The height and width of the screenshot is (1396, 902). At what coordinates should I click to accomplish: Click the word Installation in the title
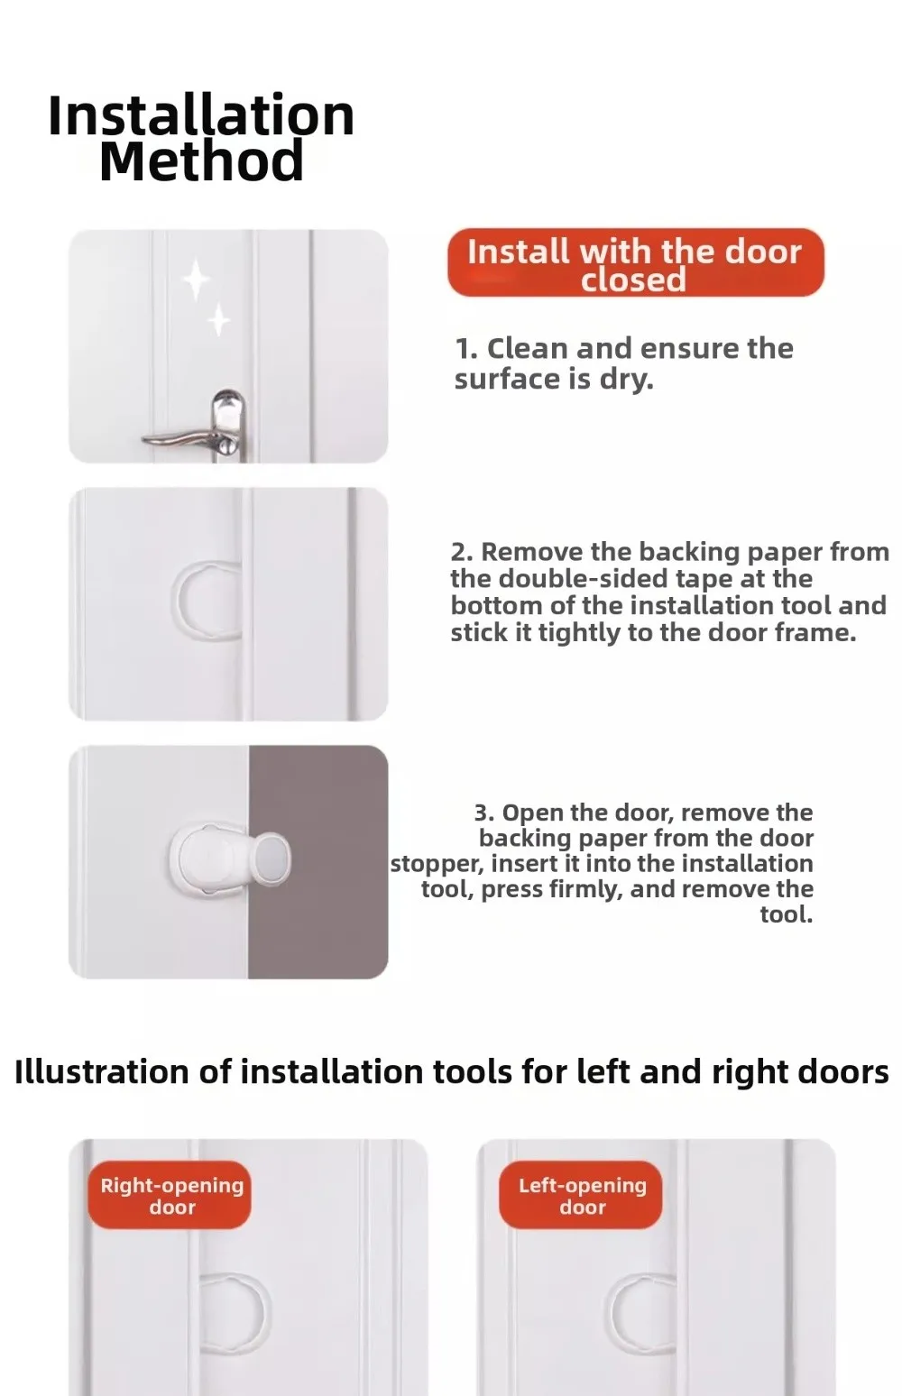coord(201,116)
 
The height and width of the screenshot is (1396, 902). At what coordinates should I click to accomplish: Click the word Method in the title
coord(201,161)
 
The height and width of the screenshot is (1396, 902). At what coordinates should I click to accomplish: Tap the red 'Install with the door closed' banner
coord(635,262)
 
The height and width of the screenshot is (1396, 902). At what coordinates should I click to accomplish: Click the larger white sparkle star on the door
coord(195,278)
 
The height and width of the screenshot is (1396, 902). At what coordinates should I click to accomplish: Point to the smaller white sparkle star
coord(218,319)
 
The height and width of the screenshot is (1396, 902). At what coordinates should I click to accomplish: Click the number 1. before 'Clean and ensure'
coord(466,349)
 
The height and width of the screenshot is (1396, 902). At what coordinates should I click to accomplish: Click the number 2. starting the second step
coord(462,552)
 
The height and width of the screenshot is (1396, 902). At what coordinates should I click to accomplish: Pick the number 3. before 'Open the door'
coord(484,813)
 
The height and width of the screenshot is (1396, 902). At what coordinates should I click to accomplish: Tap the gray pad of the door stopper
coord(273,859)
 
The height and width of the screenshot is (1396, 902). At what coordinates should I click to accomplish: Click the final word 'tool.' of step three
coord(787,914)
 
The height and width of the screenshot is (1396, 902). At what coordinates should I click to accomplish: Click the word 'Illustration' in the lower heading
coord(101,1072)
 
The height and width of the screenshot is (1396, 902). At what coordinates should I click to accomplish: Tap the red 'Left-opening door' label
coord(580,1195)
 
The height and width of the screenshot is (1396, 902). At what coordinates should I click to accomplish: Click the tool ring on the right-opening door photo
coord(266,1312)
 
